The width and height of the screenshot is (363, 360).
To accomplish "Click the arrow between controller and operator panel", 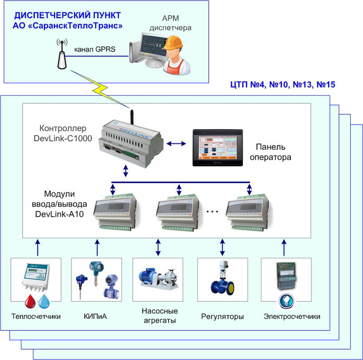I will (x=176, y=143).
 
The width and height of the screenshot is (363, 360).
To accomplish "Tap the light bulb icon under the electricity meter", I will (x=286, y=300).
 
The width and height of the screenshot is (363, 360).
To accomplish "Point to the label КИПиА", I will (x=96, y=316).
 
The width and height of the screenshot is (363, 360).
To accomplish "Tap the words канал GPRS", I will (x=94, y=49).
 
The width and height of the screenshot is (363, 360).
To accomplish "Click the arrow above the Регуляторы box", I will (x=222, y=247).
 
